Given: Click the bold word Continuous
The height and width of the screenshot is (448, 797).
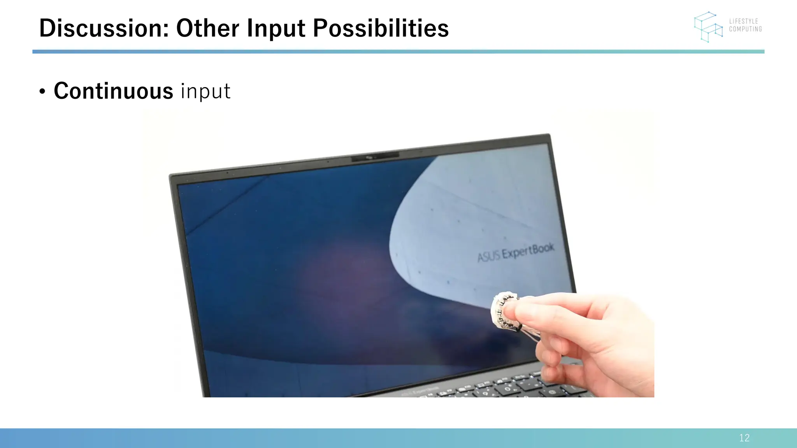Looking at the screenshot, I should pyautogui.click(x=113, y=91).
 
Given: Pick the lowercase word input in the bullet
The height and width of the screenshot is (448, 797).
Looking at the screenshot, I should pyautogui.click(x=205, y=91).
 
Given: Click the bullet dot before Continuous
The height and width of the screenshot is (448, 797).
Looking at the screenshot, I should pyautogui.click(x=42, y=92).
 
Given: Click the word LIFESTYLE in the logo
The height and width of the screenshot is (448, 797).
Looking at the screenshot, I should pyautogui.click(x=743, y=21).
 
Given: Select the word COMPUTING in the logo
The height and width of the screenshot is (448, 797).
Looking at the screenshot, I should pyautogui.click(x=745, y=29).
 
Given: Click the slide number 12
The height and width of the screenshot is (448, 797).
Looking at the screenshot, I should pyautogui.click(x=744, y=438).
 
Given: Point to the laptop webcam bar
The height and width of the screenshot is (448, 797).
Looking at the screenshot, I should pyautogui.click(x=375, y=157).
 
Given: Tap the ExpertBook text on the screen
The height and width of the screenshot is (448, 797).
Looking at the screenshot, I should pyautogui.click(x=528, y=251).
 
